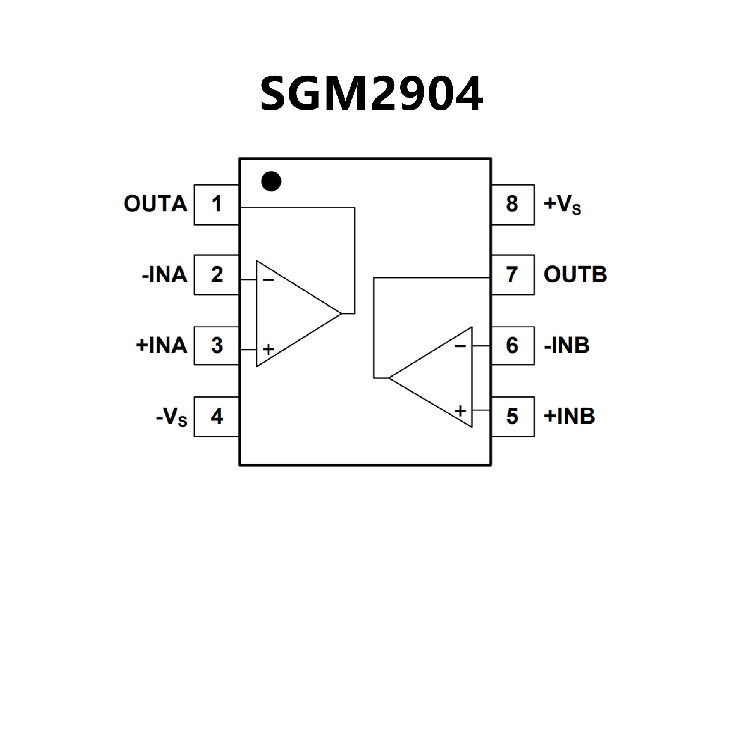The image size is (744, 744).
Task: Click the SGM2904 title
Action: click(371, 93)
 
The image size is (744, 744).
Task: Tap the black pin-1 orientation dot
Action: click(271, 181)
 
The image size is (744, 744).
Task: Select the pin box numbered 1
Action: click(217, 205)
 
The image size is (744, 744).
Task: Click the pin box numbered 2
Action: click(217, 275)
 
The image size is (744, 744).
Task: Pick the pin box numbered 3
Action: click(217, 346)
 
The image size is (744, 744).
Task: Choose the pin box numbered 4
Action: click(217, 417)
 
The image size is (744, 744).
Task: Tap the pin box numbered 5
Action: click(512, 417)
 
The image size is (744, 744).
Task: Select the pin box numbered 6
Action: click(512, 346)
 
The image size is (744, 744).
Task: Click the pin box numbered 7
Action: click(512, 275)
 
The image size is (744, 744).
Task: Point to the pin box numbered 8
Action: click(512, 205)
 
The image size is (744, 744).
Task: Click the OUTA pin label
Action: click(155, 204)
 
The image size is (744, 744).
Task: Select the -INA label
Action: click(165, 275)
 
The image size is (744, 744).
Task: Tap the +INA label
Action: click(162, 345)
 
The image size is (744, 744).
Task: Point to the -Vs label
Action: click(172, 417)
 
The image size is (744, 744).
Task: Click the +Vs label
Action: click(562, 204)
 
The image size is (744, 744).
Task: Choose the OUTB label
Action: click(575, 275)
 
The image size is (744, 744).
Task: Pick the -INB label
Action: click(567, 345)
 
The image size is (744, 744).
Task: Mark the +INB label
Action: click(569, 416)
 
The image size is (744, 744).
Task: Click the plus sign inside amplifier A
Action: click(268, 350)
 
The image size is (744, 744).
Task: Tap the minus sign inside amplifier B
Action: click(460, 346)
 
